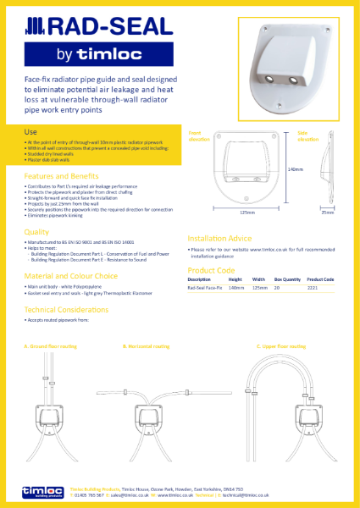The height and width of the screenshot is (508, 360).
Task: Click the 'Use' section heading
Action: [30, 132]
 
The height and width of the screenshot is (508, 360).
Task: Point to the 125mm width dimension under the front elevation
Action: [248, 212]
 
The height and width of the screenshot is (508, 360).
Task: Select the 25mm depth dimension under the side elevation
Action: [328, 212]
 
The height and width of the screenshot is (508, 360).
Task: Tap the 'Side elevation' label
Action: [307, 136]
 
